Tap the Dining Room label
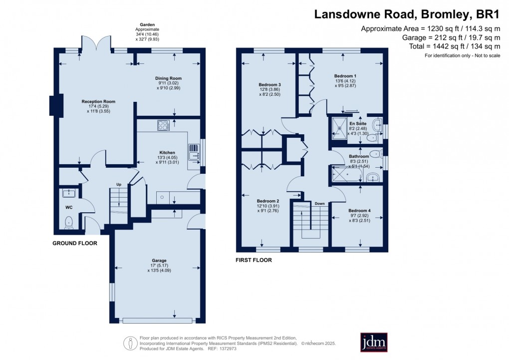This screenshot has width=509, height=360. (x=168, y=78)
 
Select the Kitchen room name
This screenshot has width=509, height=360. (x=167, y=152)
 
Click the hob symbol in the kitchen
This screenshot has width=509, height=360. (x=163, y=125)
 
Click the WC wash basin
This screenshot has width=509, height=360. (x=69, y=192)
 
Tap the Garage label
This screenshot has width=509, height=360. (x=159, y=260)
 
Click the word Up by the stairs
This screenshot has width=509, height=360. (x=119, y=184)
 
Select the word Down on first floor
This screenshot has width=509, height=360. (x=319, y=203)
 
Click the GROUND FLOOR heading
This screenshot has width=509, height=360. (x=74, y=243)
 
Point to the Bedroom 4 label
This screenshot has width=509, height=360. (x=359, y=211)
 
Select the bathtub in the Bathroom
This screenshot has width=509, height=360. (x=348, y=174)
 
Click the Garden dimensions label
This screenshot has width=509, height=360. (x=147, y=34)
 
